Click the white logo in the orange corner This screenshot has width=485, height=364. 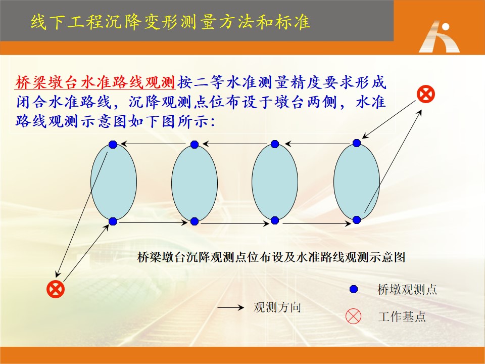point(439,36)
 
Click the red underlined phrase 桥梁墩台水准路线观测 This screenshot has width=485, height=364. point(95,82)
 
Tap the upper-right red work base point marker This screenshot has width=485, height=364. point(426,94)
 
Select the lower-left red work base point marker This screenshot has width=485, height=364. point(56,289)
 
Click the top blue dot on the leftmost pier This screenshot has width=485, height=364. point(113,145)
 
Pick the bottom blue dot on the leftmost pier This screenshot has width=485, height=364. point(113,221)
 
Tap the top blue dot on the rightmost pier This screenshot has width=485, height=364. point(357,143)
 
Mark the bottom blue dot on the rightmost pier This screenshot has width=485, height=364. point(357,220)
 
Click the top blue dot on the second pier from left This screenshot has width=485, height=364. point(194,145)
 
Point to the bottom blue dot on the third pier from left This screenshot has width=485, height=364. point(275,220)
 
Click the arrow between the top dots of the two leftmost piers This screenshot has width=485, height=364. point(154,144)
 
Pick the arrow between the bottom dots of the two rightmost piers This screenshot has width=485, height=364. point(317,223)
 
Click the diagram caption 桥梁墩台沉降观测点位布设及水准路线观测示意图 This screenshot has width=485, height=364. point(271,257)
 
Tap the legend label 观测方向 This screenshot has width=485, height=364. point(277,307)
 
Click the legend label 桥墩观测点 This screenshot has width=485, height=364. point(407,289)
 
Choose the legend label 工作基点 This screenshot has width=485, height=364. point(402,316)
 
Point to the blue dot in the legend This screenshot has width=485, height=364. point(354,289)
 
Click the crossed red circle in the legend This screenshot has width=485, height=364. point(353,316)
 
